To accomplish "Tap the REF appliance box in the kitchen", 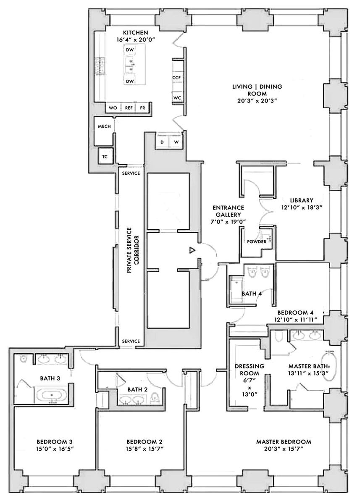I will tap(129, 108).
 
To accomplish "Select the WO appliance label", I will tap(113, 108).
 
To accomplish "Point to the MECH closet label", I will tap(104, 126).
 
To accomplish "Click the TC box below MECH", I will tap(105, 157).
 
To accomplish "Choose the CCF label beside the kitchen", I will tap(176, 78).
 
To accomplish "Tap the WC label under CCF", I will tap(177, 98).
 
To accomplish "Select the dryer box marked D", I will tap(162, 142).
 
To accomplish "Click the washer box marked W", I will tap(176, 142).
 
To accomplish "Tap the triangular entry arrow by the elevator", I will tap(192, 250).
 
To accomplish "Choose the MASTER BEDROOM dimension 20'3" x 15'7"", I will tap(284, 449).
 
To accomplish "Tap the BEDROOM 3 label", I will tap(55, 442).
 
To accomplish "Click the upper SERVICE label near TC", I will tap(130, 173).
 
